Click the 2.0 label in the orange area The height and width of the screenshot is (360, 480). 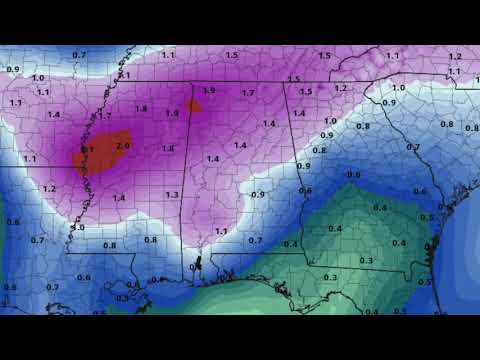coord(123,145)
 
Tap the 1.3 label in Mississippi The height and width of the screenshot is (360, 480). coord(172,194)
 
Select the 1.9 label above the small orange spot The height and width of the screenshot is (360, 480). coord(208,90)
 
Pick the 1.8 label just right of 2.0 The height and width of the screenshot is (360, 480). coord(168,148)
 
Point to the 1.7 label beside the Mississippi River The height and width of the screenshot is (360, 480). coord(105,116)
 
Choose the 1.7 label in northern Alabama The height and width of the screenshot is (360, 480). coord(248,92)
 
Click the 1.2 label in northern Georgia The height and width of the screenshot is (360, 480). coord(340,88)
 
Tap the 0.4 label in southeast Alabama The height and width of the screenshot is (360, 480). coord(290,243)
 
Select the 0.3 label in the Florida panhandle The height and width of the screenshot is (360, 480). coord(330,277)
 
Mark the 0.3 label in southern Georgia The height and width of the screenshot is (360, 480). coord(366,260)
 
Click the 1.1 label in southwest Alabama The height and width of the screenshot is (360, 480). coord(221,231)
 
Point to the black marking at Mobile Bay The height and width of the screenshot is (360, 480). coord(196,264)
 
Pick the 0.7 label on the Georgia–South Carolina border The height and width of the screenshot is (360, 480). coord(412,146)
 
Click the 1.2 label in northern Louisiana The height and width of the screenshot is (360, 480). coord(49,188)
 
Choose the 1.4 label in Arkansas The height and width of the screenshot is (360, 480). coord(53,114)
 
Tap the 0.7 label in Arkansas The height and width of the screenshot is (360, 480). coord(79,54)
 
